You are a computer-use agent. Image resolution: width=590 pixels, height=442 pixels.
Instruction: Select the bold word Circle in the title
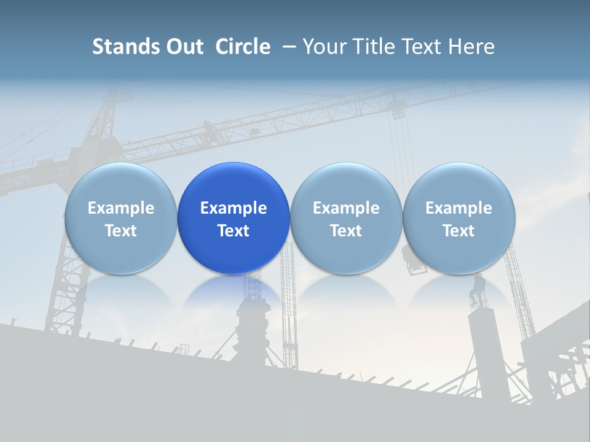(243, 47)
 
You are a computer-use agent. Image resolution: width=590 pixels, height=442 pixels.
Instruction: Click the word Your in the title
(324, 47)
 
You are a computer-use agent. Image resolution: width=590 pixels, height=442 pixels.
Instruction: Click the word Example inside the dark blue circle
(234, 208)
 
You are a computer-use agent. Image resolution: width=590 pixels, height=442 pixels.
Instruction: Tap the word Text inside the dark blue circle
(234, 231)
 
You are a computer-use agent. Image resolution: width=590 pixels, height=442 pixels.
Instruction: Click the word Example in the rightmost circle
(458, 208)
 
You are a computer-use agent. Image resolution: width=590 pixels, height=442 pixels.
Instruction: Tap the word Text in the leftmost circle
(120, 231)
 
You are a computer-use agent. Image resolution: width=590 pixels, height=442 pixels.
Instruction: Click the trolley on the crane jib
(398, 110)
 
